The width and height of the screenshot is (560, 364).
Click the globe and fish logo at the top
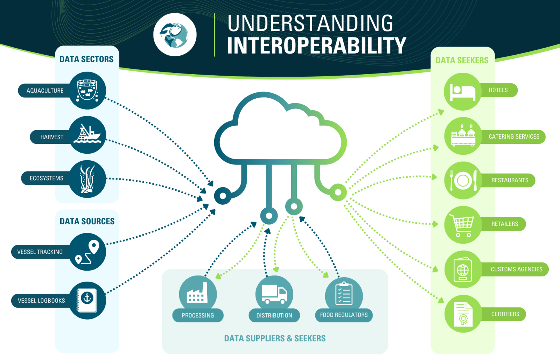click(175, 35)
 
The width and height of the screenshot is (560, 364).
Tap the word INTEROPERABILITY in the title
click(316, 45)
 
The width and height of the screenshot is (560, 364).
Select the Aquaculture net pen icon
click(87, 90)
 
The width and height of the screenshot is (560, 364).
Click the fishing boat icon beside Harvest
click(87, 135)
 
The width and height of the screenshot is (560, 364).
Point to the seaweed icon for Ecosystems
click(87, 179)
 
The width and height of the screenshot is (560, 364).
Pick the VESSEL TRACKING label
click(40, 252)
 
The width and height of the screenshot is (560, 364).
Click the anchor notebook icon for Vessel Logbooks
click(87, 300)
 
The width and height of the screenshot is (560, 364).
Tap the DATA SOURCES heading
click(87, 222)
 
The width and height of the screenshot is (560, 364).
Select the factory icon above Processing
click(198, 294)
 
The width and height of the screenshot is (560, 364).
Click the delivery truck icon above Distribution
click(274, 294)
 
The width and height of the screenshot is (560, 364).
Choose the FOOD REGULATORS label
click(344, 315)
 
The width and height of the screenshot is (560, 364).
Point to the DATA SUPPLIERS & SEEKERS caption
click(275, 338)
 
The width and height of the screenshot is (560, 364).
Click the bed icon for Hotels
click(463, 92)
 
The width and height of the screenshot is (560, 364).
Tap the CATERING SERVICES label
click(514, 137)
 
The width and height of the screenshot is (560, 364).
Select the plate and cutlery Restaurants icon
click(463, 181)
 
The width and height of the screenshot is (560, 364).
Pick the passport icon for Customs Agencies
click(463, 269)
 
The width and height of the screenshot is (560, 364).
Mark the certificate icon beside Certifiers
click(463, 314)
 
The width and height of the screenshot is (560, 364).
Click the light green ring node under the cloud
click(338, 192)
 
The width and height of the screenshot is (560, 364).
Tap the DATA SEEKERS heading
click(462, 61)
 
